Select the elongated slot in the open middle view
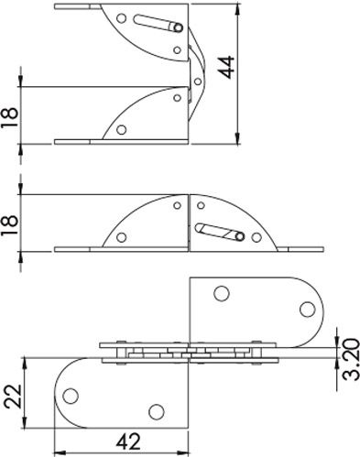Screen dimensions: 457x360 221,232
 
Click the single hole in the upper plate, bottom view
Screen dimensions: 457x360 220,294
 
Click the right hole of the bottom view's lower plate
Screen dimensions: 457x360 156,410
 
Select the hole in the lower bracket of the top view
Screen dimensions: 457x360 121,129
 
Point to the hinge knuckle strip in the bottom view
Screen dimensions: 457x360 187,353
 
